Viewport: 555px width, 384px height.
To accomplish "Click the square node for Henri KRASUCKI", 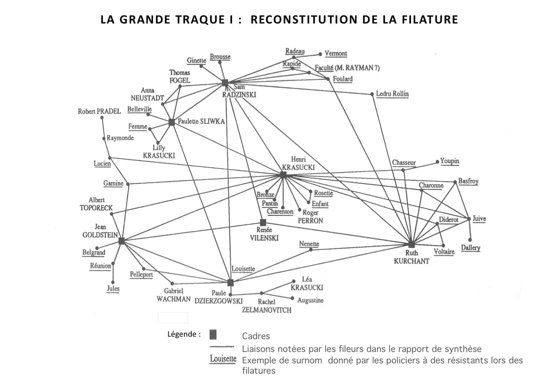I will click(x=283, y=175).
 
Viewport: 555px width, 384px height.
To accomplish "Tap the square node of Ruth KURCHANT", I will click(x=412, y=244).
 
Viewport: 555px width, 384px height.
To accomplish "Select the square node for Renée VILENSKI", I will click(x=263, y=223).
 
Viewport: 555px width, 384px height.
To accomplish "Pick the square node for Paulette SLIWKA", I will click(x=172, y=122).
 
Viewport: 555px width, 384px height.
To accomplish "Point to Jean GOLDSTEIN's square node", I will click(x=122, y=241).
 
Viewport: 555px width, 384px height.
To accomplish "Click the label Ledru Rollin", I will click(x=392, y=94).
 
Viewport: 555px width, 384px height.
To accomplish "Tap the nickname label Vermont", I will click(x=335, y=53).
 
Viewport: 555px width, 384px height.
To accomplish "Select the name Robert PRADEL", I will click(x=99, y=111).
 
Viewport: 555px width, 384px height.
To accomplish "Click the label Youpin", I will click(x=449, y=161).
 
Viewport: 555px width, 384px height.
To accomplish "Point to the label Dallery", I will click(x=471, y=248).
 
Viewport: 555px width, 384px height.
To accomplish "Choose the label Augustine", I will click(x=310, y=300).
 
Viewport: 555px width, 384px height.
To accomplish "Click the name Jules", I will click(x=113, y=289).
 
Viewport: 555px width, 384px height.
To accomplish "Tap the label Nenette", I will click(x=309, y=244).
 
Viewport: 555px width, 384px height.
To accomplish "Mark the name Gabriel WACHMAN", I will click(x=174, y=295).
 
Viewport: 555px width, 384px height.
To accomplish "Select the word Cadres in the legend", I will click(x=256, y=336).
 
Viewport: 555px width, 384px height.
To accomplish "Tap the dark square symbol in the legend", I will click(x=213, y=334).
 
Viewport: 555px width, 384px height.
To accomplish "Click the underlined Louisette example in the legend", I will click(x=223, y=359).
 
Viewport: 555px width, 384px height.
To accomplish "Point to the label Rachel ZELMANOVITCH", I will click(x=267, y=306).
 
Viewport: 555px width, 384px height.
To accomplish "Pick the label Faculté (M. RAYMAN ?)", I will click(x=347, y=68).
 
